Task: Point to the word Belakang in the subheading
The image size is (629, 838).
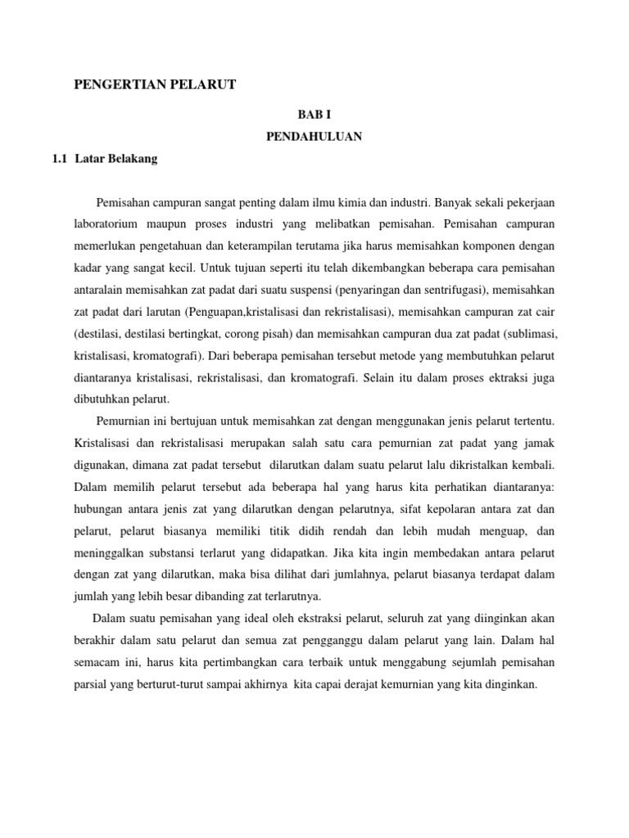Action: [x=132, y=160]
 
